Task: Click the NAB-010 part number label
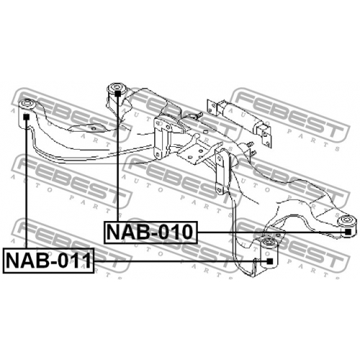(x=150, y=233)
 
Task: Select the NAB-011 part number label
(x=48, y=261)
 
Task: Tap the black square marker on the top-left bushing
(x=26, y=117)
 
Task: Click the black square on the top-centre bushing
(x=117, y=94)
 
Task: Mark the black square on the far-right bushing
(x=348, y=232)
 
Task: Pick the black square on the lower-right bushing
(x=270, y=261)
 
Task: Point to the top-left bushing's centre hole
(x=27, y=104)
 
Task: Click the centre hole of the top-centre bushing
(x=117, y=86)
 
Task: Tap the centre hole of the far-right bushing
(x=346, y=220)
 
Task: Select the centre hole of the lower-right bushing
(x=269, y=242)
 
